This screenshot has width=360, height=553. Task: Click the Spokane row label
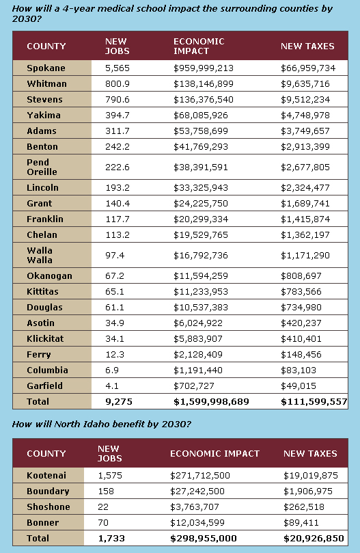46,68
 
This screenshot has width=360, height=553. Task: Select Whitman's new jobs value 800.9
117,84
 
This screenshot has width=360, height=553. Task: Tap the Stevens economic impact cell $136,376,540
204,100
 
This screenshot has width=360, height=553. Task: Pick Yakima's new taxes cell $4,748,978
305,116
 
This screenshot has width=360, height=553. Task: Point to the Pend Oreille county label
42,167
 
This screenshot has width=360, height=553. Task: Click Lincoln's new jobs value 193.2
117,187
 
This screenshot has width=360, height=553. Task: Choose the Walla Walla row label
40,256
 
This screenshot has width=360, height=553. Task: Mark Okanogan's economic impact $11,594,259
201,275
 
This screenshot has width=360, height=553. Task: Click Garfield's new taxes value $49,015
299,386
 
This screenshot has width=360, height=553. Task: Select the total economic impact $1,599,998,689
211,402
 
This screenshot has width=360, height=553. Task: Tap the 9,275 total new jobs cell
119,402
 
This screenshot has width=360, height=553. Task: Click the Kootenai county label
46,475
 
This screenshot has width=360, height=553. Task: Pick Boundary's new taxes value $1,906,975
308,491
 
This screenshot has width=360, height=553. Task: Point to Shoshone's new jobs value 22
103,507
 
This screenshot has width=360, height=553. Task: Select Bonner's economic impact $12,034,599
197,523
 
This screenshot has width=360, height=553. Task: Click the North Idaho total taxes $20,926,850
314,539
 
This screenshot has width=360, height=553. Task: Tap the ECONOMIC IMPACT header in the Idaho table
214,454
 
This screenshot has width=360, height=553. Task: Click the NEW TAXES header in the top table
307,46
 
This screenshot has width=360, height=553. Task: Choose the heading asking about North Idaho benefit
102,424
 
